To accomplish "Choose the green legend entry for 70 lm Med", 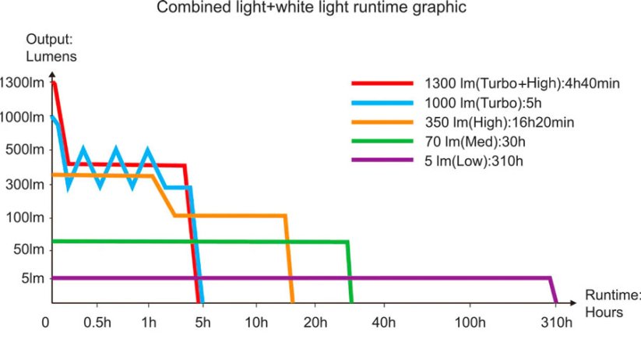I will pyautogui.click(x=476, y=141).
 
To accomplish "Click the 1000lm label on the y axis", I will pyautogui.click(x=23, y=117).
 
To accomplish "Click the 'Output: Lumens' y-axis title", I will pyautogui.click(x=51, y=48).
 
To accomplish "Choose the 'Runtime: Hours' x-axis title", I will pyautogui.click(x=613, y=304).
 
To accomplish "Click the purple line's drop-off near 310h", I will pyautogui.click(x=554, y=290).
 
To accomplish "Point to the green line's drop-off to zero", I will pyautogui.click(x=350, y=273).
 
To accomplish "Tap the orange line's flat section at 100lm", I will pyautogui.click(x=230, y=215).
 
